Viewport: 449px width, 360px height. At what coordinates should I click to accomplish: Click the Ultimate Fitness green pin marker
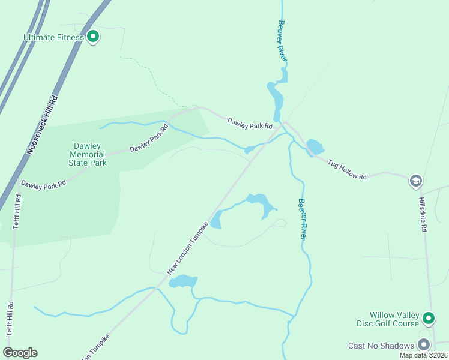coord(93,37)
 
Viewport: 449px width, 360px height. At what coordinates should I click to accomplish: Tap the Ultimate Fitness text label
coord(54,37)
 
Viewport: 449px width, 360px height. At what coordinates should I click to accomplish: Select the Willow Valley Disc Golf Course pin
coord(429,318)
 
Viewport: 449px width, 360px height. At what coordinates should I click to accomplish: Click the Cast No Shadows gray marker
coord(424,345)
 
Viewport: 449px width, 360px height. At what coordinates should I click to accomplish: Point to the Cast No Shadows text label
coord(381,346)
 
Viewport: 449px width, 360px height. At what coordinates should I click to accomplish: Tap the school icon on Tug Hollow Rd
coord(415,181)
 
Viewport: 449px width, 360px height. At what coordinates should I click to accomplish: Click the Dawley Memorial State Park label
coord(90,154)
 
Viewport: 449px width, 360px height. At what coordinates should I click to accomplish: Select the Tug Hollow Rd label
coord(347,169)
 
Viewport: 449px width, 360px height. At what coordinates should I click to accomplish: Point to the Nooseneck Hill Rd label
coord(42,125)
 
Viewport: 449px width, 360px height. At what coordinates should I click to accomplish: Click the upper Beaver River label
coord(282,40)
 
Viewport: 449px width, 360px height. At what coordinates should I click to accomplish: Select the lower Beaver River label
coord(304,219)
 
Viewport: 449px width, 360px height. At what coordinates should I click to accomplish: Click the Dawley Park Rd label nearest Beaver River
coord(250,124)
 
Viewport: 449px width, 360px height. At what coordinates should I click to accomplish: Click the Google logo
coord(20,352)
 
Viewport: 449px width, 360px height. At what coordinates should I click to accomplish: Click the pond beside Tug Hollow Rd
coord(315,147)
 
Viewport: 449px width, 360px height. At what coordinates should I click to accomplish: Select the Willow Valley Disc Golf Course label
coord(394,320)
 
